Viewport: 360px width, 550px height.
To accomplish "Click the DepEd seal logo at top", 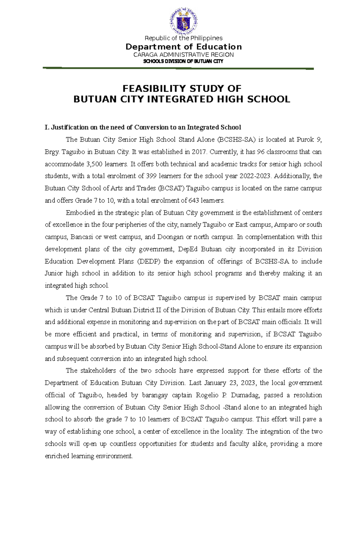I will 183,21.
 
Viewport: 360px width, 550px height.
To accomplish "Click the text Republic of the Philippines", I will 183,38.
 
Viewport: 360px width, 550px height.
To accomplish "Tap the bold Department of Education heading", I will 183,47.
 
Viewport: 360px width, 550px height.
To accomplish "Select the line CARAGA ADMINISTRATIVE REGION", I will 183,55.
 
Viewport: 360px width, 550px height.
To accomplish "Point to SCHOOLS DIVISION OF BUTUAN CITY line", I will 183,61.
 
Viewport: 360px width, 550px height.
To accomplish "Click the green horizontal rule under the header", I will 178,68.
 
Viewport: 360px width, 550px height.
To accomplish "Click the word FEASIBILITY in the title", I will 153,88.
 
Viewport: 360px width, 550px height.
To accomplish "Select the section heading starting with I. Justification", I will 143,127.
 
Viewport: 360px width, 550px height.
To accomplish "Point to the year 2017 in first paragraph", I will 199,152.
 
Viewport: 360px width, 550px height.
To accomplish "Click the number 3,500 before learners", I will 93,164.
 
